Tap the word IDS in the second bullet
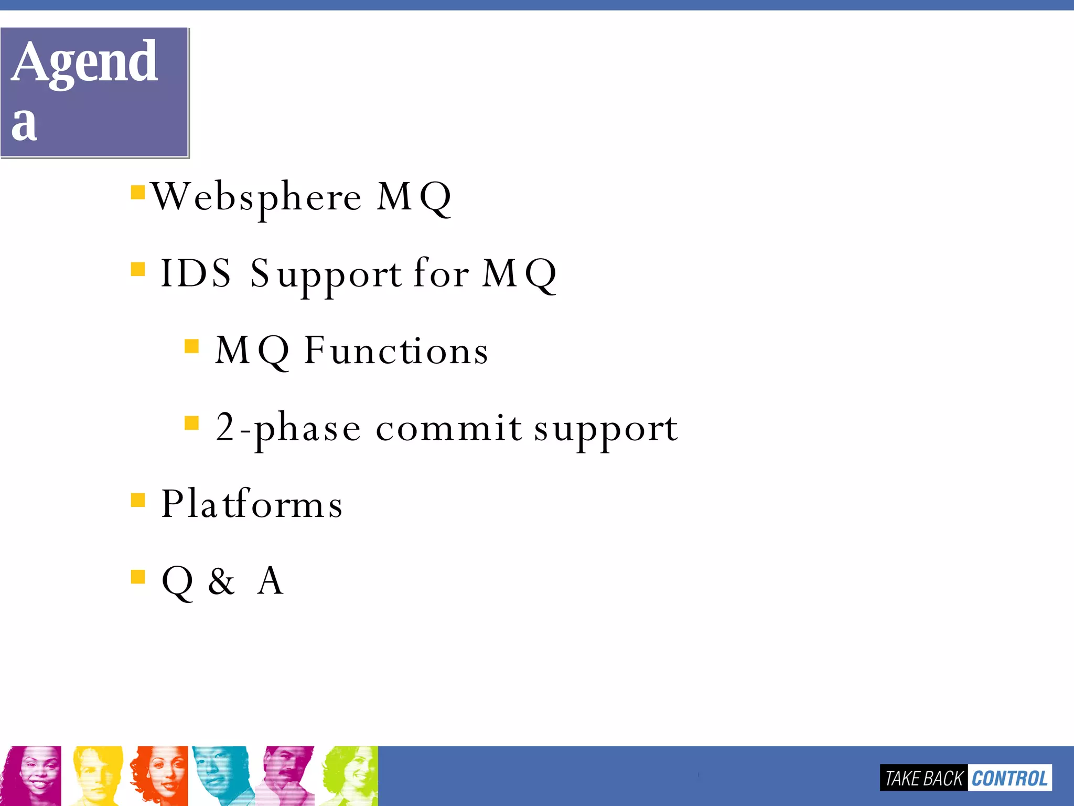195,273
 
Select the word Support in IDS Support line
325,274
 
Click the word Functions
396,351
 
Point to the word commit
448,428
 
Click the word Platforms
252,504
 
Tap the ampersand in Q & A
221,581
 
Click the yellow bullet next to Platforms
138,500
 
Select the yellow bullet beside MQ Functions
192,346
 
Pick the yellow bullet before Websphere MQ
138,193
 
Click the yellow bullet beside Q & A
138,577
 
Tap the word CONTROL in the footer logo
1009,778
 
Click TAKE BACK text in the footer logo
923,778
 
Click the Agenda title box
94,92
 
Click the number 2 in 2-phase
224,427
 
